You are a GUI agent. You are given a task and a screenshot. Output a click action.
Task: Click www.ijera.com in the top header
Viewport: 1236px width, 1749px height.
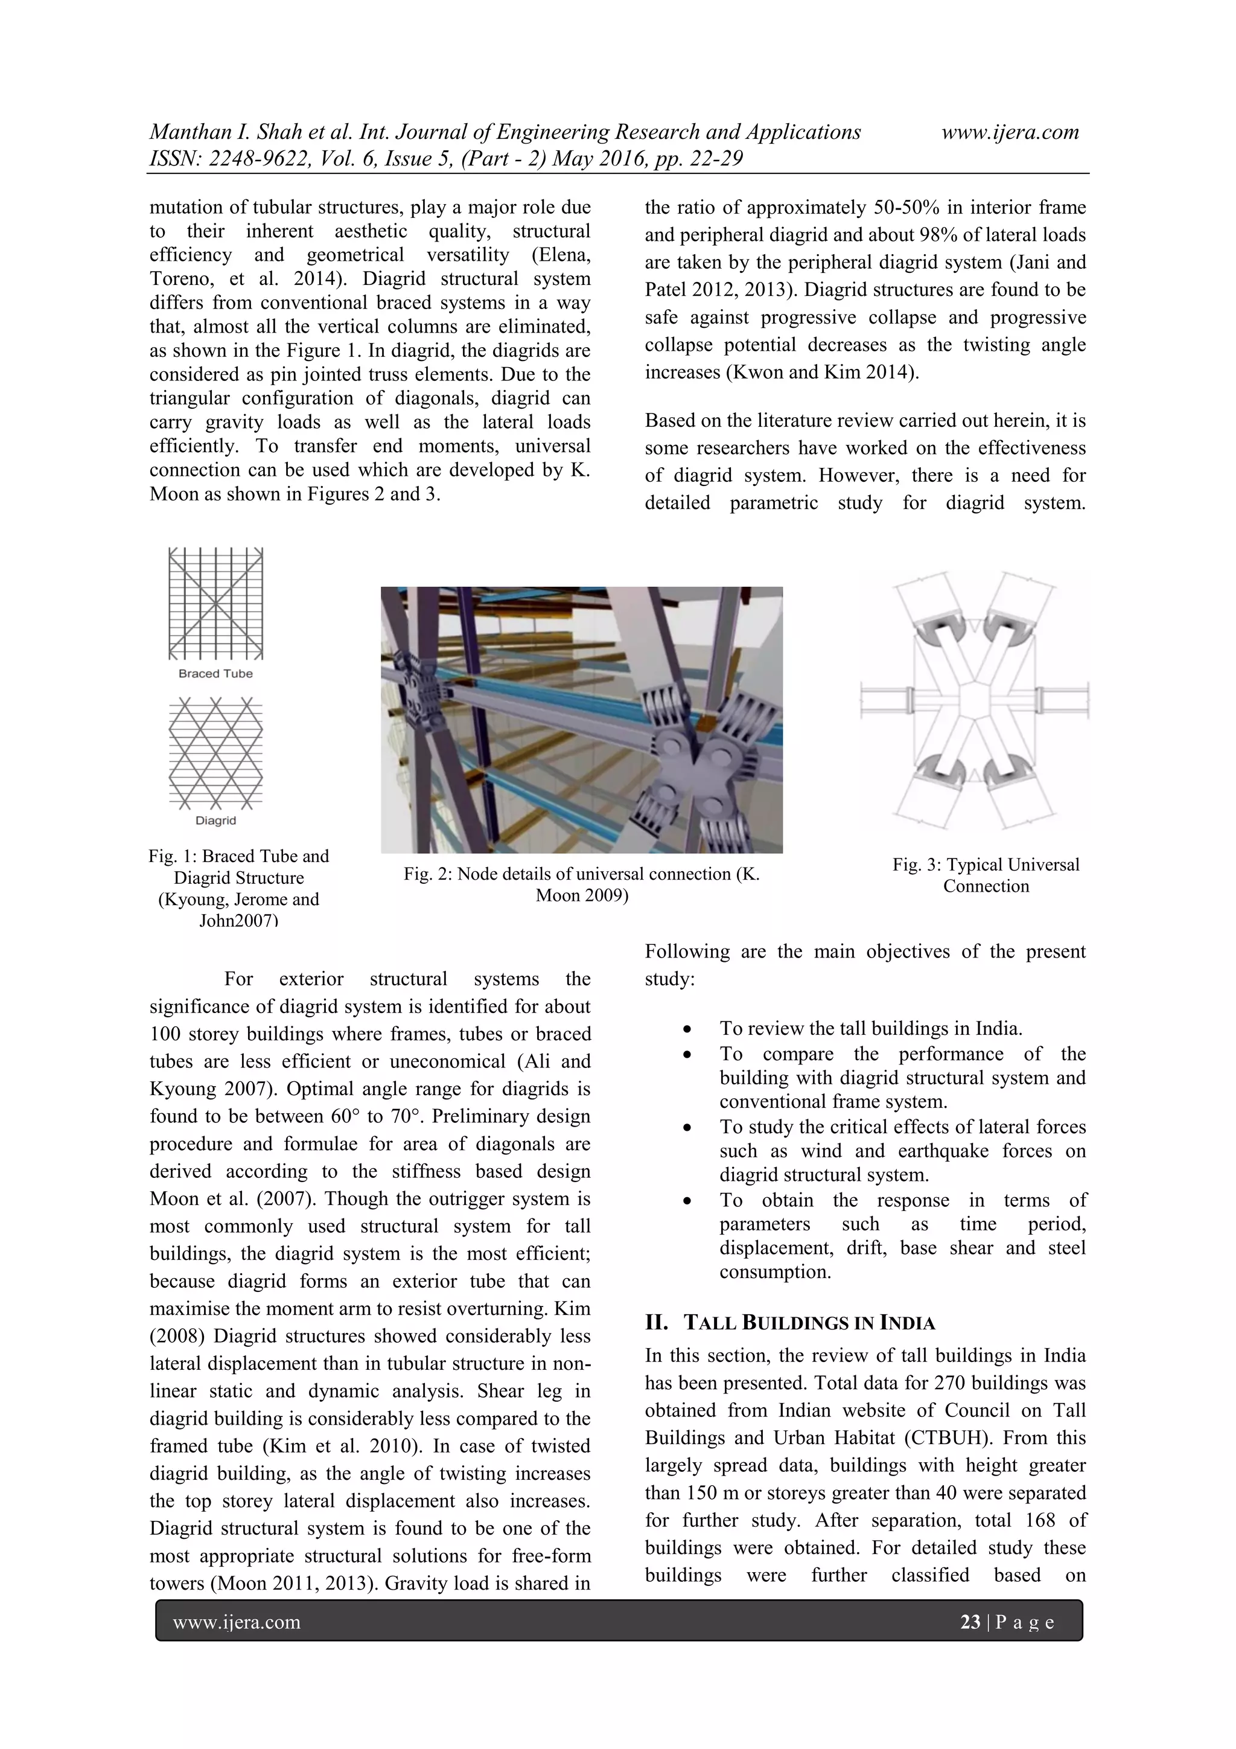point(1010,133)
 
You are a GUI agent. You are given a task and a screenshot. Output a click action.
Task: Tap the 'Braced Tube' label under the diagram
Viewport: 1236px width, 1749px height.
point(215,673)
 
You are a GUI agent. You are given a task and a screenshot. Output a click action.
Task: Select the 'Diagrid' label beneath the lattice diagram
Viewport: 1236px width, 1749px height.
point(215,820)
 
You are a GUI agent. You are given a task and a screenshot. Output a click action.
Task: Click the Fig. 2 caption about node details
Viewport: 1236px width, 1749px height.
point(581,884)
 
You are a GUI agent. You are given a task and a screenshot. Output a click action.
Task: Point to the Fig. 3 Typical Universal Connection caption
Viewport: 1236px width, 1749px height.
point(986,875)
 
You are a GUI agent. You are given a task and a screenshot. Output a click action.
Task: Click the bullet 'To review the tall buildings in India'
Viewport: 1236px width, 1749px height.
point(870,1029)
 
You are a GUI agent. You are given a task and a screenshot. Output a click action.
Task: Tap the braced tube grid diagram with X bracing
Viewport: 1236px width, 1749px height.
point(215,603)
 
